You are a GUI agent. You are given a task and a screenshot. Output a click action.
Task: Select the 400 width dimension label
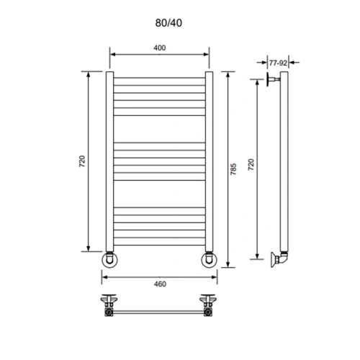(160, 48)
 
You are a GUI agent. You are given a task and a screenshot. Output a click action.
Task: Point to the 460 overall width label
(160, 284)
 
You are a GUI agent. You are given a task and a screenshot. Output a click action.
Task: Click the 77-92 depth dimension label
(279, 63)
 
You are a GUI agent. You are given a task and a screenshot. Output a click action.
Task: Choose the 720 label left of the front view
(82, 162)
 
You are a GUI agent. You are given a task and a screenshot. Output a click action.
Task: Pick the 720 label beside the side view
(250, 165)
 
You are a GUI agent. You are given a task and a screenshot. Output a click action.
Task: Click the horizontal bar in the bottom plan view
(159, 312)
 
